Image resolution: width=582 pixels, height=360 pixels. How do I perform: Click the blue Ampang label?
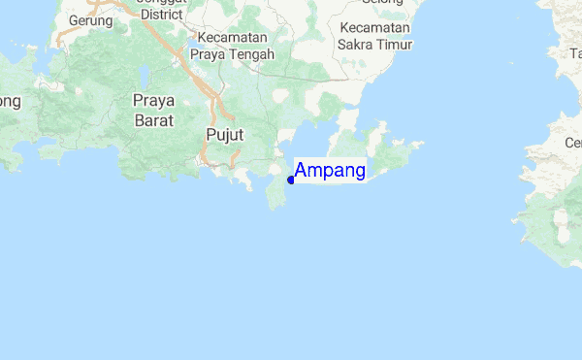[x=330, y=171]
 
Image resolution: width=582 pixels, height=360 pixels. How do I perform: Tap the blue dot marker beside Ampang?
[x=291, y=180]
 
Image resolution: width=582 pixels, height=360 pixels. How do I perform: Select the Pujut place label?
[x=225, y=134]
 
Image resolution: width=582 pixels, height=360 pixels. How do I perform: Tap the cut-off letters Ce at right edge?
[x=573, y=143]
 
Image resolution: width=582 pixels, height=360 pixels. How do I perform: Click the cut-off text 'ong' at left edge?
[x=10, y=101]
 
